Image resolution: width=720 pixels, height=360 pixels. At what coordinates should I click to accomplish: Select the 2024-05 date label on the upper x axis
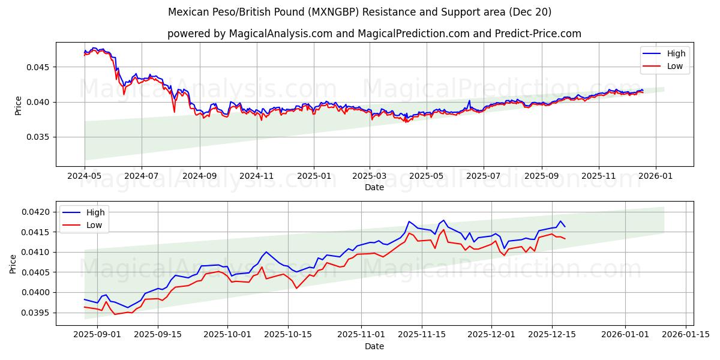click(84, 177)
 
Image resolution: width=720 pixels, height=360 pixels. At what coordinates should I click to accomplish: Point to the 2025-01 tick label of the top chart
click(313, 177)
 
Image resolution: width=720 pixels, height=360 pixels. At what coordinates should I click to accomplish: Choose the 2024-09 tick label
click(199, 177)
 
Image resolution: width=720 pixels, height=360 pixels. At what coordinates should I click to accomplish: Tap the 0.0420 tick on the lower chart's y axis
click(38, 212)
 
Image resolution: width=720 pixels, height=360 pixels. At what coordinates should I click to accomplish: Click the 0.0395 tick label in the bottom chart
click(38, 313)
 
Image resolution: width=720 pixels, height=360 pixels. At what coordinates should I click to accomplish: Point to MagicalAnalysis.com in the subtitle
click(281, 34)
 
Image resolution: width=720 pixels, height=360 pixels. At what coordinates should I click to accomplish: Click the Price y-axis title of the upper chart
click(18, 104)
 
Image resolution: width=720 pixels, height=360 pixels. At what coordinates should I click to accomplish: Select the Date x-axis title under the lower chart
click(374, 346)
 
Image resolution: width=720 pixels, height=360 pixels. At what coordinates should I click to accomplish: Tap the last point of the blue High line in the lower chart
click(565, 227)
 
